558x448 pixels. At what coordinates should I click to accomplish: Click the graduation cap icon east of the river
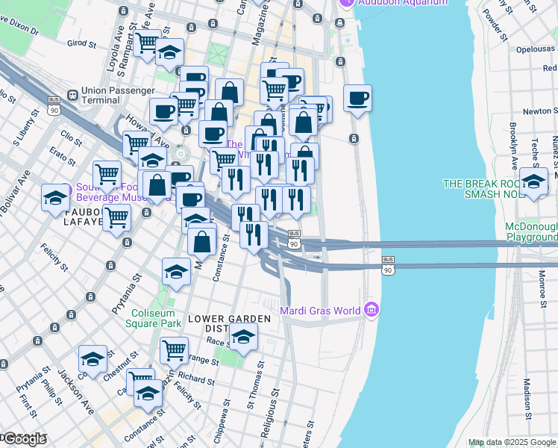(x=534, y=181)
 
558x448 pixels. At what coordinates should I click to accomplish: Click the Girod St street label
(x=82, y=44)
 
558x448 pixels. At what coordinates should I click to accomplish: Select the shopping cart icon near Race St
(x=174, y=348)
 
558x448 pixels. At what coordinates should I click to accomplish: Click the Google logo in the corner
(x=25, y=439)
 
